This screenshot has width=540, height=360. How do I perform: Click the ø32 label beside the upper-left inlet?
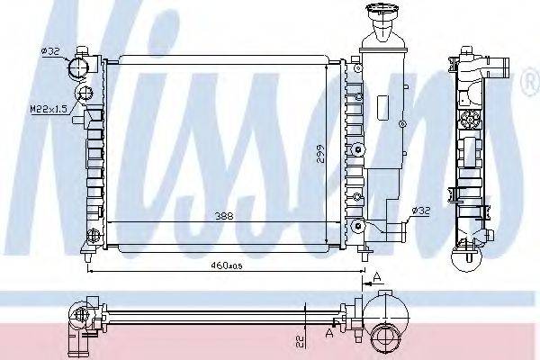[50, 52]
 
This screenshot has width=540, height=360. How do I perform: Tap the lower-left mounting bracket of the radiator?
[89, 241]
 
